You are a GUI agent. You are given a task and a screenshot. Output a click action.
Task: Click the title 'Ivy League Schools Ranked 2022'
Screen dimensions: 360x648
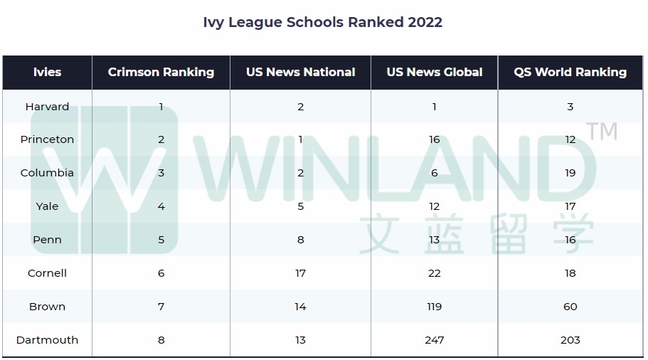click(x=323, y=22)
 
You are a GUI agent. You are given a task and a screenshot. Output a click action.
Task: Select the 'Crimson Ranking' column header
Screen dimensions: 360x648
click(x=161, y=72)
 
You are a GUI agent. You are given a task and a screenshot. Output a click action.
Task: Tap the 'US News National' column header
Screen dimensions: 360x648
click(x=300, y=72)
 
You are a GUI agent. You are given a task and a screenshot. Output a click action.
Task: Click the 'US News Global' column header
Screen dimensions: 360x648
click(x=434, y=72)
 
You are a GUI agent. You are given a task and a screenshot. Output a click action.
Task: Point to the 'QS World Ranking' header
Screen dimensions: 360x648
click(x=570, y=72)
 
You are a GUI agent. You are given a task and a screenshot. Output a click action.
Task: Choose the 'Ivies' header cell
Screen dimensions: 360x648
click(x=47, y=72)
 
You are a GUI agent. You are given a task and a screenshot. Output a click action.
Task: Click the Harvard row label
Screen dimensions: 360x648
click(x=47, y=107)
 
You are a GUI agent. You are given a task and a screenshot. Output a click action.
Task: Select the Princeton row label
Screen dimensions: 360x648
click(x=47, y=139)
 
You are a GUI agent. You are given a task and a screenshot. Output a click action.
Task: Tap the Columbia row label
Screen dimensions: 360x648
click(x=47, y=173)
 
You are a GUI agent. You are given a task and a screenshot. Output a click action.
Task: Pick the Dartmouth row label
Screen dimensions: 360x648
click(x=47, y=340)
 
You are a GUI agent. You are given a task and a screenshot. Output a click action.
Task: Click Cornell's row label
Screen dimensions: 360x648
click(x=47, y=273)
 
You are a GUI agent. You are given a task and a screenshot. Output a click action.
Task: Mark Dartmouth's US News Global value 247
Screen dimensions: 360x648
click(x=434, y=340)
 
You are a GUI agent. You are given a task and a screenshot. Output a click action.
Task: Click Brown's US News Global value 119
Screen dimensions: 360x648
click(x=434, y=307)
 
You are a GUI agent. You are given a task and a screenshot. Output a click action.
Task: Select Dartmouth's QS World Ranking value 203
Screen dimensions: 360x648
click(x=570, y=340)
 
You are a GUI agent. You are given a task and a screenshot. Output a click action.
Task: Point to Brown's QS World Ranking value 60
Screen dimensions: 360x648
click(x=570, y=307)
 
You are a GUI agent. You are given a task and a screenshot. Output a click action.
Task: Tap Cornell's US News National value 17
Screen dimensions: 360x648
click(x=300, y=273)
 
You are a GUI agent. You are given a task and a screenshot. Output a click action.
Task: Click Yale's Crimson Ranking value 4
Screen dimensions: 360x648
click(x=161, y=206)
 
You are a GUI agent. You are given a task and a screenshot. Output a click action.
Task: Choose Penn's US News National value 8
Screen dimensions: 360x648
click(x=300, y=240)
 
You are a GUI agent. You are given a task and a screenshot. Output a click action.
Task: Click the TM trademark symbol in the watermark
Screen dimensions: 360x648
click(x=602, y=131)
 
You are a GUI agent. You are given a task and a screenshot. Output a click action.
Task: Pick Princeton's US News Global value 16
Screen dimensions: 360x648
click(x=434, y=139)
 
